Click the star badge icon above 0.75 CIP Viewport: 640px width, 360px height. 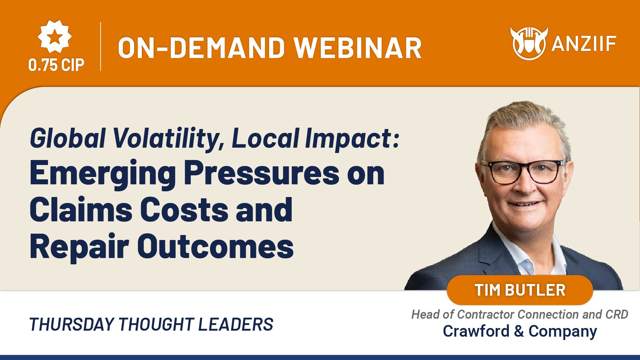tap(55, 36)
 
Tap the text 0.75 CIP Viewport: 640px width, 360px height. tap(56, 65)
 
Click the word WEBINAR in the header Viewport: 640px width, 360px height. tap(358, 48)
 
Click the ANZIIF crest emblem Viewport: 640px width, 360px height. tap(529, 43)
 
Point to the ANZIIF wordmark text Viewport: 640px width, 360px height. tap(584, 44)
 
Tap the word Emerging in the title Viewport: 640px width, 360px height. tap(103, 174)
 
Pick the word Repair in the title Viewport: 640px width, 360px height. tap(79, 247)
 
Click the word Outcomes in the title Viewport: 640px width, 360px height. tap(215, 247)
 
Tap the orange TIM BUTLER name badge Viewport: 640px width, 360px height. tap(520, 290)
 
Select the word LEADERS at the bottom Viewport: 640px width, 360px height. tap(236, 325)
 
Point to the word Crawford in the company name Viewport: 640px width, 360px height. tap(476, 331)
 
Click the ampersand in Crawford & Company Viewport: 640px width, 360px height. tap(519, 331)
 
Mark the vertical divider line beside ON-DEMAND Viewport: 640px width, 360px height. tap(101, 46)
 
